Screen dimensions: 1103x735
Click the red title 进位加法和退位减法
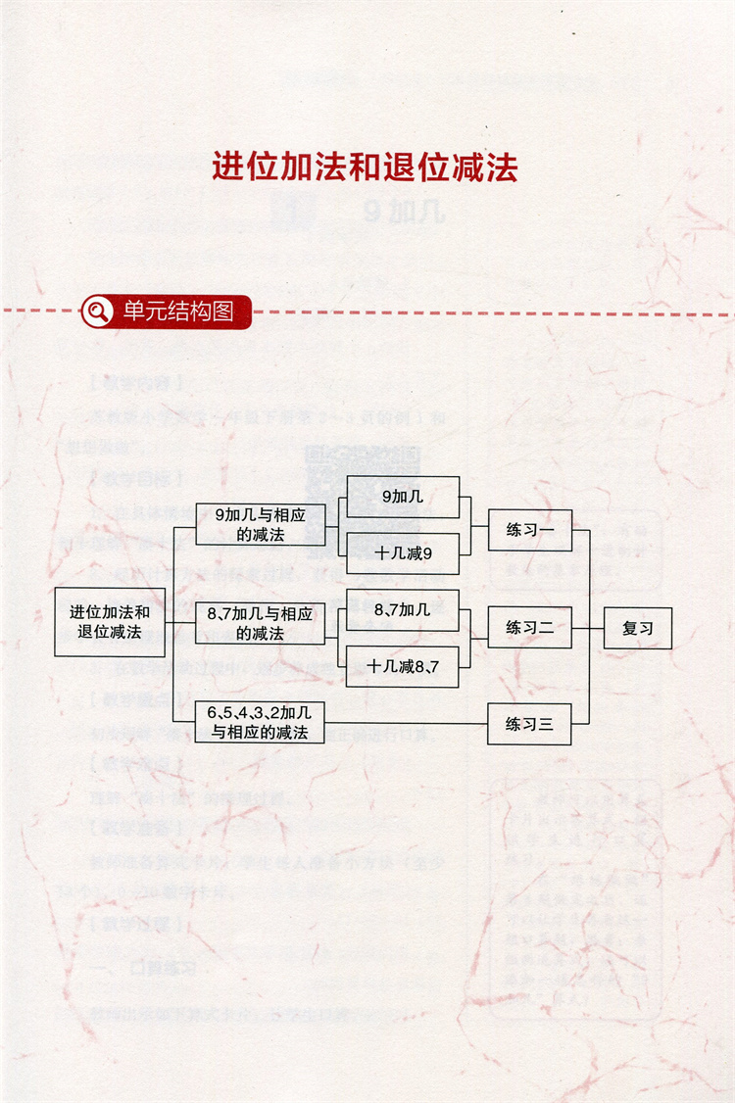point(365,167)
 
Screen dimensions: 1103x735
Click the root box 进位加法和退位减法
point(109,622)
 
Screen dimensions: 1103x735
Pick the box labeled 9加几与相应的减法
point(260,524)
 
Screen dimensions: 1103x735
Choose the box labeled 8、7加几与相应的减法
point(260,623)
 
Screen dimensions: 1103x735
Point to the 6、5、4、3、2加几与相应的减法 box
point(260,722)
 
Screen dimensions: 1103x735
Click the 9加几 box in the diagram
point(403,497)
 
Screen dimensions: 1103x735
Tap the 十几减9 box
point(403,553)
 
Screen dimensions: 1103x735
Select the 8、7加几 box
point(403,609)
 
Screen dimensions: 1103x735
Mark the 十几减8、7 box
point(403,666)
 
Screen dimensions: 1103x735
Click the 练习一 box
point(529,530)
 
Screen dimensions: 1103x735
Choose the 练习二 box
point(529,627)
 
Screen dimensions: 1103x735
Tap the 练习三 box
point(529,725)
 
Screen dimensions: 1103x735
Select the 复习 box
point(638,628)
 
